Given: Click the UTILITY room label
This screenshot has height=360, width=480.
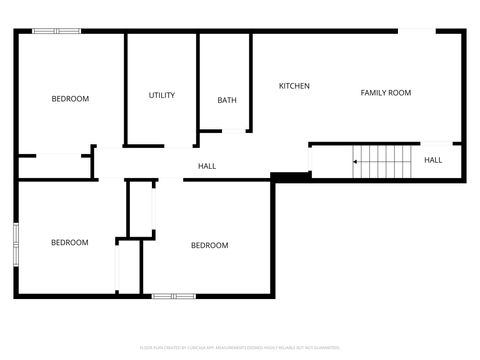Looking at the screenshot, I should pyautogui.click(x=162, y=96).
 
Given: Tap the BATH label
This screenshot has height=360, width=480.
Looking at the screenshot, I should pyautogui.click(x=227, y=100).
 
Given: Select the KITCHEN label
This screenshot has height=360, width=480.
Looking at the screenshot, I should pyautogui.click(x=294, y=86).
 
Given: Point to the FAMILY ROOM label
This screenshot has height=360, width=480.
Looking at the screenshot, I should pyautogui.click(x=386, y=93).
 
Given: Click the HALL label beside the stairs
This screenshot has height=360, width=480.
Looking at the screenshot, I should pyautogui.click(x=433, y=160).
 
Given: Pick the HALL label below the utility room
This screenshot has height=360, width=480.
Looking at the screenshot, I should pyautogui.click(x=207, y=166).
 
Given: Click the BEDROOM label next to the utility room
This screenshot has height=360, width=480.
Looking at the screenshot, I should pyautogui.click(x=70, y=98).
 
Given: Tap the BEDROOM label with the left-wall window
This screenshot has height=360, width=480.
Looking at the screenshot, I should pyautogui.click(x=70, y=242).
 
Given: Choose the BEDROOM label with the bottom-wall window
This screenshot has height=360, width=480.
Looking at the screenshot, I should pyautogui.click(x=210, y=245).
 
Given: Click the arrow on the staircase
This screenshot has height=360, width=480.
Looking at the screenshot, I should pyautogui.click(x=356, y=160).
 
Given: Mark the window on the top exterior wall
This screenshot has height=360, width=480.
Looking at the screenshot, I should pyautogui.click(x=57, y=31).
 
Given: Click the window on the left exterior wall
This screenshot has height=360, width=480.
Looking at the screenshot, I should pyautogui.click(x=15, y=243).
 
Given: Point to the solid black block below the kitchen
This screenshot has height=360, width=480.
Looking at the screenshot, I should pyautogui.click(x=290, y=177).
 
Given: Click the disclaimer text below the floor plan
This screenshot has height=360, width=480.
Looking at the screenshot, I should pyautogui.click(x=239, y=346).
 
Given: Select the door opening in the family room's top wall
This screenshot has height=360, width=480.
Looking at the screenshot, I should pyautogui.click(x=417, y=31).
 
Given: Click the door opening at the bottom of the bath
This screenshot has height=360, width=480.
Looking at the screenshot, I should pyautogui.click(x=235, y=130).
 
